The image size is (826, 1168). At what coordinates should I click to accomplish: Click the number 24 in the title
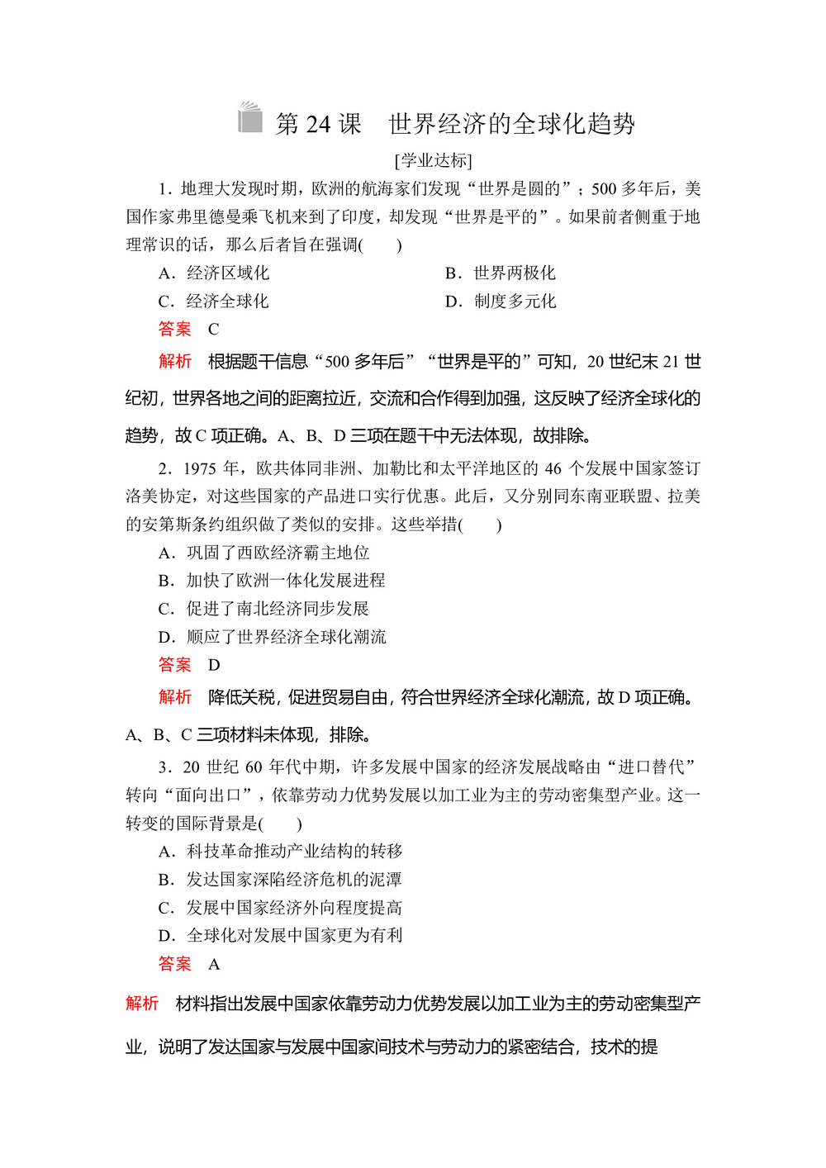318,125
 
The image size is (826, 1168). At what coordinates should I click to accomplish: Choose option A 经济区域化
214,273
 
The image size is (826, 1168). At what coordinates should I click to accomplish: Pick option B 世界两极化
501,273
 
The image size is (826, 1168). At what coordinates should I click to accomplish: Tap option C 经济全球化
214,301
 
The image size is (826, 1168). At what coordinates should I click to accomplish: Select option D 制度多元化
501,301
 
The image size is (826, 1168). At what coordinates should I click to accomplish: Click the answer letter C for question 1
213,330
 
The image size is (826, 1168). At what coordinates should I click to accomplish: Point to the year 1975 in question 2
199,469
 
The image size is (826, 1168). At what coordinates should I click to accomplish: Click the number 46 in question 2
553,469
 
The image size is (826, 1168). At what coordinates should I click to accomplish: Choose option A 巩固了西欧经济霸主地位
264,553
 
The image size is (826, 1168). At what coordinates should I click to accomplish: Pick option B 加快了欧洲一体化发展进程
272,581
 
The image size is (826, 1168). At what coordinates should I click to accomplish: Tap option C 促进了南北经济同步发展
263,609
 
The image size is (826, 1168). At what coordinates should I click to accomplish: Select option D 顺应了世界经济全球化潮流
273,637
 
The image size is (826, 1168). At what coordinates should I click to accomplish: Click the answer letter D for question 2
214,665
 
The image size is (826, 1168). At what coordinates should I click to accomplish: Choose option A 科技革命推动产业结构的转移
281,852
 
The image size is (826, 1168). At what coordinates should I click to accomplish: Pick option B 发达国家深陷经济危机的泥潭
281,880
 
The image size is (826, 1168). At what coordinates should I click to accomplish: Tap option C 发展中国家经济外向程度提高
281,908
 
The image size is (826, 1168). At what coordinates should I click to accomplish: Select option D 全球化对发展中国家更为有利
281,936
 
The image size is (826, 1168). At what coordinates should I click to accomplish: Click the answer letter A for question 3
214,964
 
